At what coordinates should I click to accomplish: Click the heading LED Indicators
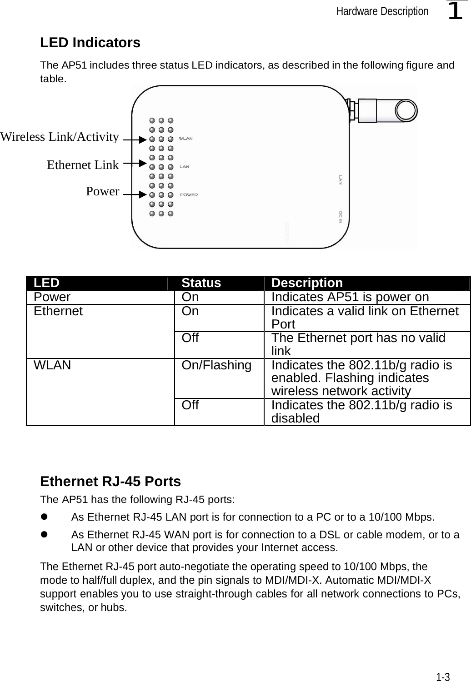click(x=90, y=43)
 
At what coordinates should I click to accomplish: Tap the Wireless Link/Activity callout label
click(x=60, y=137)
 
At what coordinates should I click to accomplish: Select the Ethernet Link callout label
click(x=83, y=165)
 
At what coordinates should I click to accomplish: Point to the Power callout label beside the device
click(x=103, y=191)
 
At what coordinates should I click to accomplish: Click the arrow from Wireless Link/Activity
click(x=135, y=140)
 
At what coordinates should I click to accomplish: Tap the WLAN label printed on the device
click(x=186, y=139)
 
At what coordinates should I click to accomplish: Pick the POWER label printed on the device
click(x=189, y=195)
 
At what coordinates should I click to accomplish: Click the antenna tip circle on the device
click(x=406, y=109)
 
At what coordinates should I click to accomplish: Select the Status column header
click(x=201, y=283)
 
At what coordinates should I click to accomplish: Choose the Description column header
click(x=307, y=283)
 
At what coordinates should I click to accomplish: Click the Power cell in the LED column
click(x=52, y=297)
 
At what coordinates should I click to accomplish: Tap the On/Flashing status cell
click(x=216, y=365)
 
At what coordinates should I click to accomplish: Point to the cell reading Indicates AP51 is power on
click(x=350, y=297)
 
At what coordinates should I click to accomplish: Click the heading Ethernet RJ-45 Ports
click(x=110, y=481)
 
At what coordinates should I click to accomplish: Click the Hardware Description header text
click(x=382, y=11)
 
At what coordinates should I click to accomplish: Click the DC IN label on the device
click(x=341, y=217)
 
